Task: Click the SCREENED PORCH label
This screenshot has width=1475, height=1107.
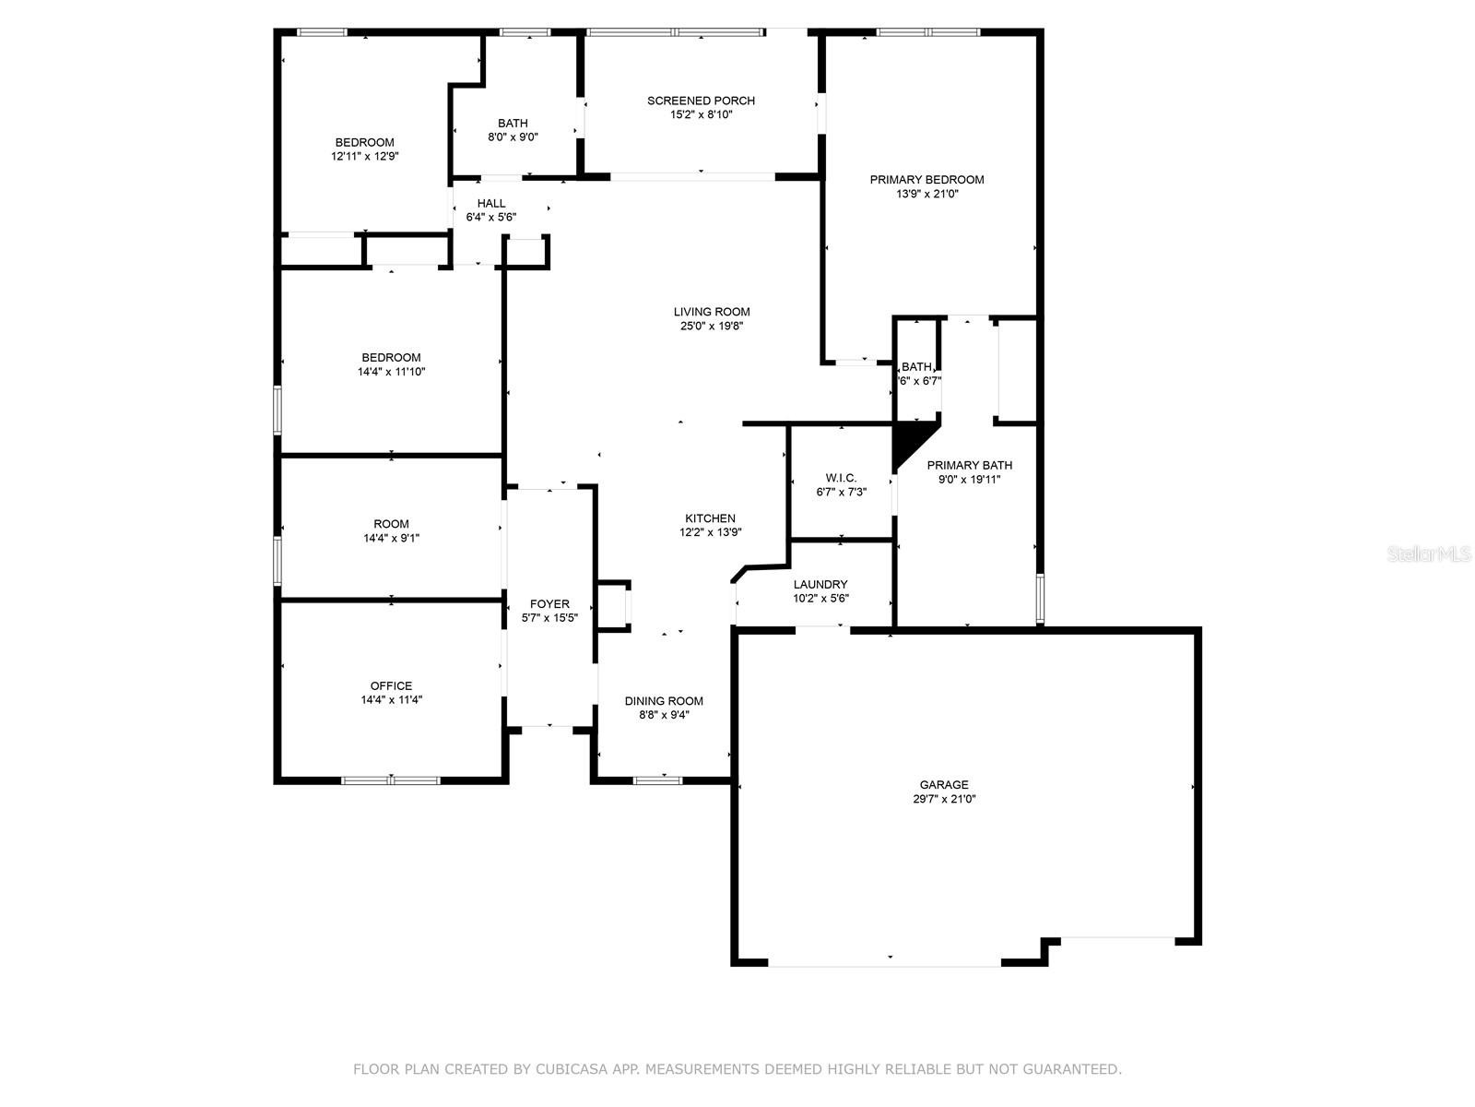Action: pos(701,101)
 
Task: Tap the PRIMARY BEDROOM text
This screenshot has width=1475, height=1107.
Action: pos(926,180)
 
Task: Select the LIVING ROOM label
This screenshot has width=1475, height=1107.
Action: pos(712,312)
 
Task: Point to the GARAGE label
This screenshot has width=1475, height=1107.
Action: pos(943,784)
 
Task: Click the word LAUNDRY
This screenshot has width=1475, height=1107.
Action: pos(820,585)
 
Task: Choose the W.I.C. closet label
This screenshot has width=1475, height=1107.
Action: pos(841,478)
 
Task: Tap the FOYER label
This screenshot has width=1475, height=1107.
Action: pos(549,604)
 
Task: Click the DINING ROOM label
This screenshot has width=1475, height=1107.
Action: pos(664,701)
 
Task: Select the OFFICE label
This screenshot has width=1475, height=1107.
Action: pos(391,685)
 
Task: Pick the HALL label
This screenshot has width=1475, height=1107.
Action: pos(491,204)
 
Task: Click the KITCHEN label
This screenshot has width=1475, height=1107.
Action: pos(710,518)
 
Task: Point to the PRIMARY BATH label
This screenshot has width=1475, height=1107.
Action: pos(969,465)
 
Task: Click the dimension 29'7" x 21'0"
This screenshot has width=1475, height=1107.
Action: pos(943,799)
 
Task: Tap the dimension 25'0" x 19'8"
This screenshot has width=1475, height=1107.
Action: pos(712,326)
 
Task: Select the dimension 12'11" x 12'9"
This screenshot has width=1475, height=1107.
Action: pos(365,157)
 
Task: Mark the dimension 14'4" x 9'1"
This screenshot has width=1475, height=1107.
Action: pos(391,538)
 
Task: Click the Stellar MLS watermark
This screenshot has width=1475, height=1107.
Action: pos(1429,553)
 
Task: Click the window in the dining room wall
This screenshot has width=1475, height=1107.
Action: pos(657,780)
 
